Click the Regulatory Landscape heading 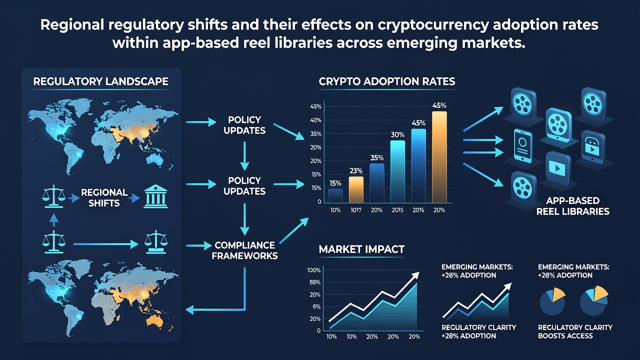pos(100,81)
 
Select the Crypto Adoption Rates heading pos(387,81)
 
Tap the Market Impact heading pos(361,249)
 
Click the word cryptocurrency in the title pos(432,25)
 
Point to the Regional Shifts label pos(104,197)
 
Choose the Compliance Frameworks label pos(244,250)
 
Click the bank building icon pos(155,196)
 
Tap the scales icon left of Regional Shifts pos(53,196)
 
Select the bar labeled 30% pos(397,171)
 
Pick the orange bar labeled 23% pos(356,189)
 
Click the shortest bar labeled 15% pos(335,195)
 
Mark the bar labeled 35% pos(377,183)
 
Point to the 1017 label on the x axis pos(356,210)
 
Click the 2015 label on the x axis pos(397,210)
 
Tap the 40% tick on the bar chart pos(315,120)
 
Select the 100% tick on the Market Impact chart pos(313,270)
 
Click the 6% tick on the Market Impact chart pos(316,306)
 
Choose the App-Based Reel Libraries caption pos(573,206)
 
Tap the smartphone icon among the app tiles pos(523,146)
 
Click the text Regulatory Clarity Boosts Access pos(575,331)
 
